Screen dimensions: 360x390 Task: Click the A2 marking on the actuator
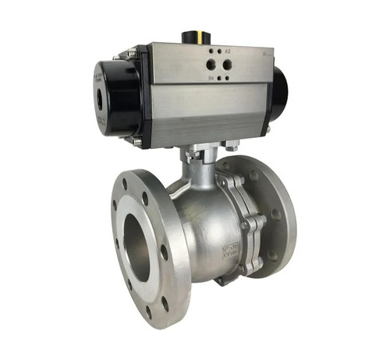[228, 51]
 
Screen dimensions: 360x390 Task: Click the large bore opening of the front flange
[137, 249]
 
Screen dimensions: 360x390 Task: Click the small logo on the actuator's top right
[266, 55]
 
